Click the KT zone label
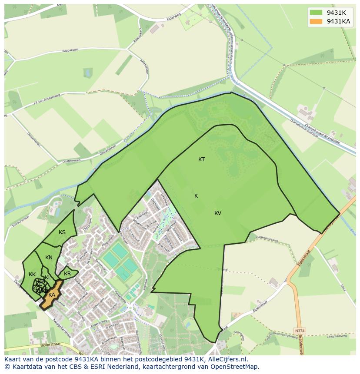[201, 159]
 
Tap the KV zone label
[218, 213]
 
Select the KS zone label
[62, 232]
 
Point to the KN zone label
[49, 258]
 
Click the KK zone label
[32, 275]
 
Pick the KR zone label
[67, 274]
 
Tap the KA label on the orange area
[52, 295]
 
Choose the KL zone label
[48, 278]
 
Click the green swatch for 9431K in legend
[316, 12]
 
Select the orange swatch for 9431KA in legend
[316, 21]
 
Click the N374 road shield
[299, 331]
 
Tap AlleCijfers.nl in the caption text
[228, 359]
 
